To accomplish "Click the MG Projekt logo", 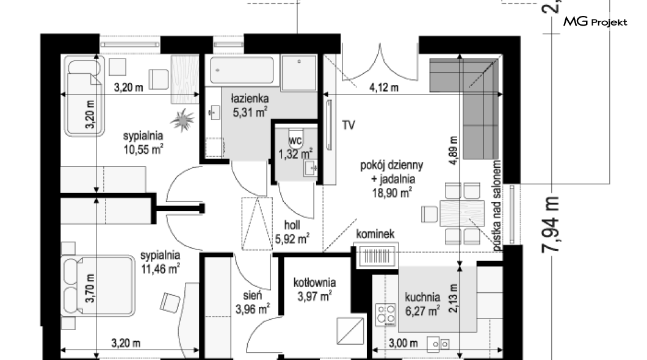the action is [x=595, y=21].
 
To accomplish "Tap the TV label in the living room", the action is [x=349, y=125].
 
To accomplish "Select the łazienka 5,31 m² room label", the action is [x=250, y=106].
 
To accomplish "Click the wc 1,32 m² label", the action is [x=295, y=148].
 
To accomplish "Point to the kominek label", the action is [x=375, y=234].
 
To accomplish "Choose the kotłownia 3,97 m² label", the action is [x=314, y=289].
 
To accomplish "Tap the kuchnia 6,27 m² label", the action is [x=422, y=304].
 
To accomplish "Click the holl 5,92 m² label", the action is [x=292, y=232].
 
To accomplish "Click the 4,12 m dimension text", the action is [x=384, y=87].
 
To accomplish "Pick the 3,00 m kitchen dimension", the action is [x=403, y=343].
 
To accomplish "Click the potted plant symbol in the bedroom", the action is [x=182, y=120].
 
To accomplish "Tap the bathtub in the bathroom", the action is [x=242, y=71].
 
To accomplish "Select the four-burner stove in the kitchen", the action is [x=386, y=315].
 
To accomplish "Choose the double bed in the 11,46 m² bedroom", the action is [x=98, y=286].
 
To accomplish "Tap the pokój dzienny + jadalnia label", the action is [x=392, y=179].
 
